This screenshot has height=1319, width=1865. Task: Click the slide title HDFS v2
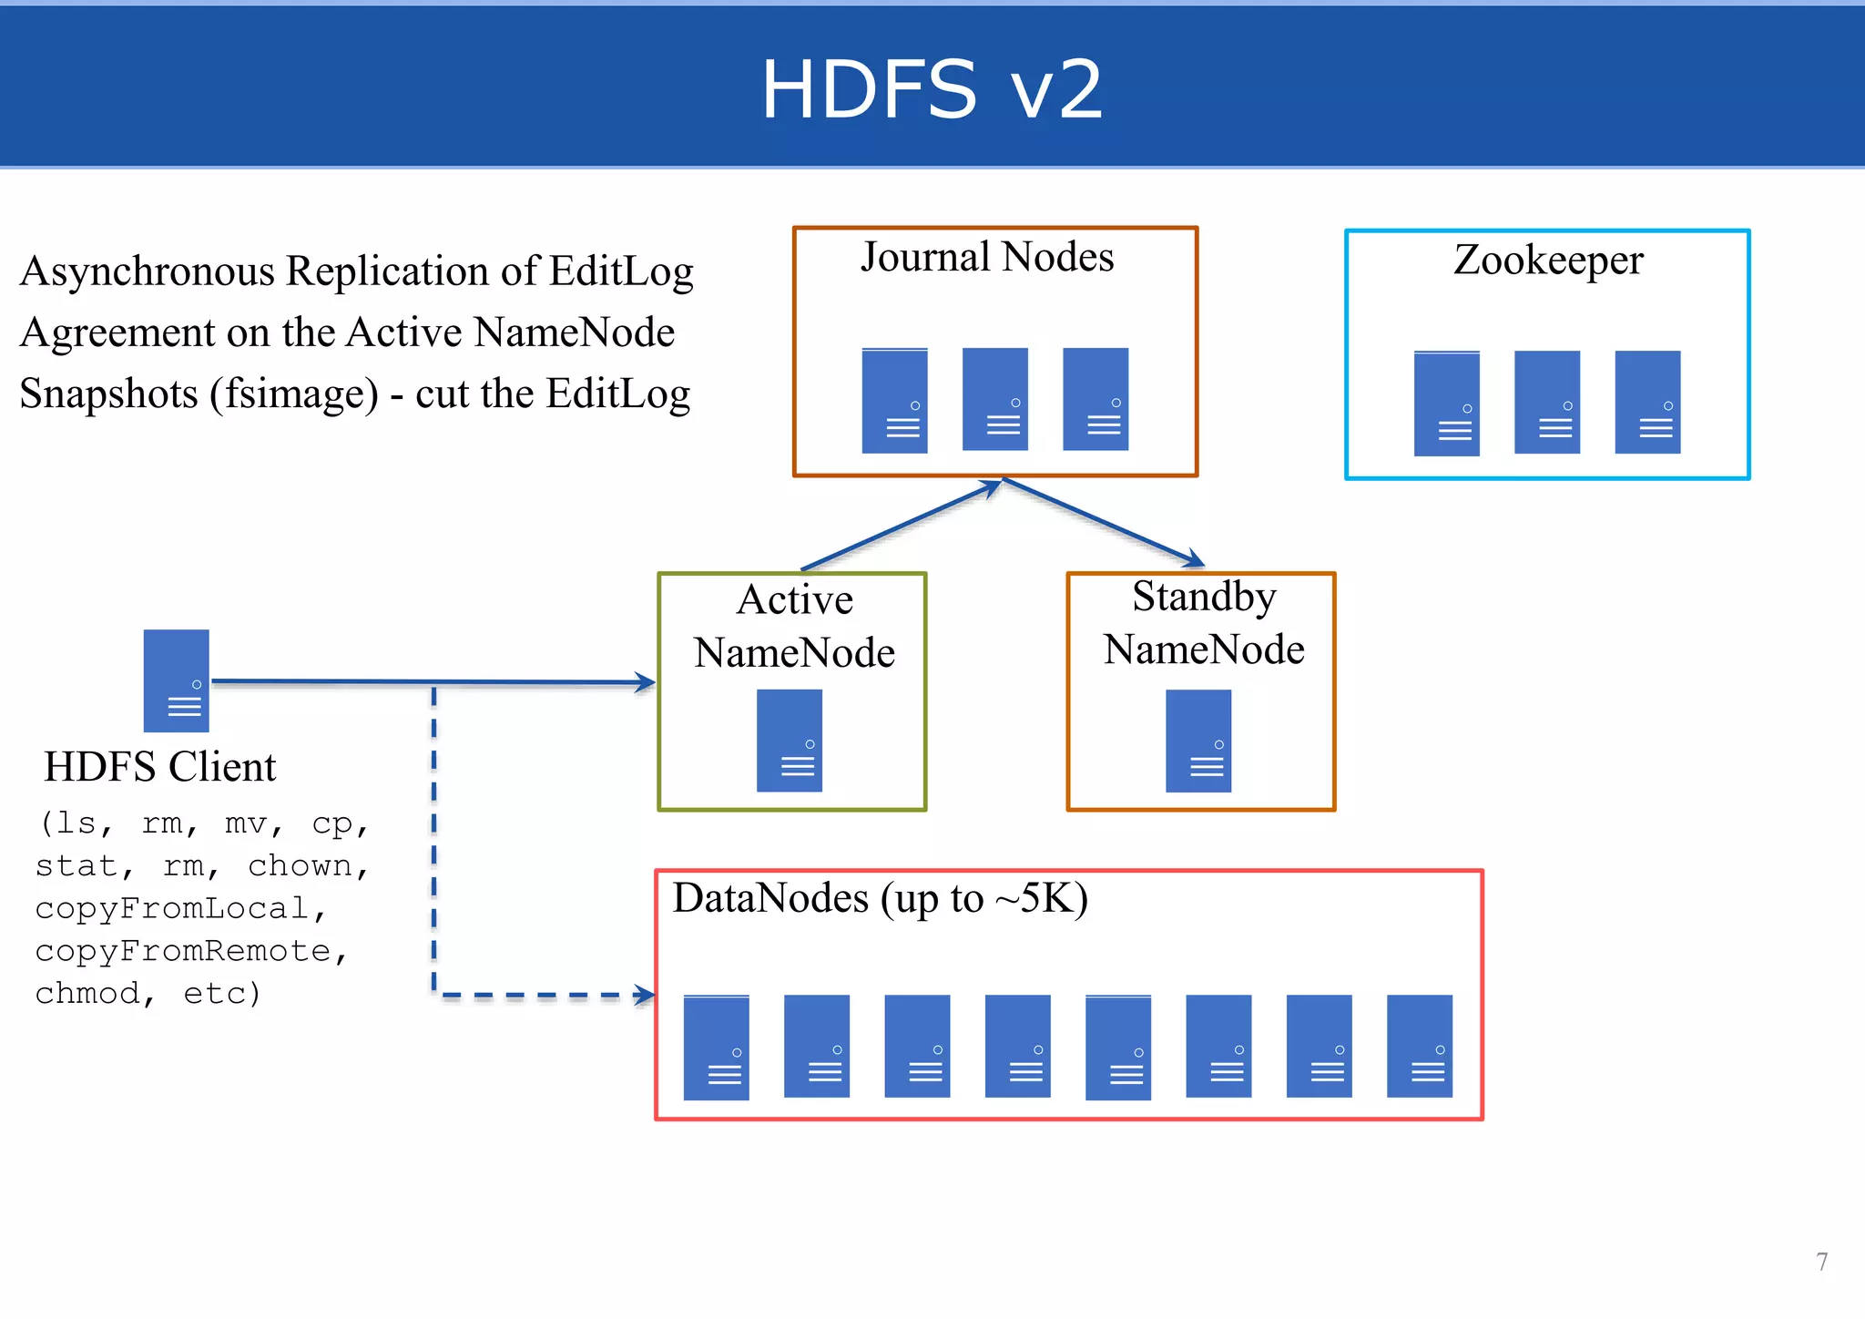(932, 89)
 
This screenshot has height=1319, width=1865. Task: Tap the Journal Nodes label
(987, 257)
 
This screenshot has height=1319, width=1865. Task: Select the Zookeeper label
(1548, 260)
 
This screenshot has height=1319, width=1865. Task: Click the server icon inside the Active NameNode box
(790, 741)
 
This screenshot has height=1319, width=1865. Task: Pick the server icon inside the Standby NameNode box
(1198, 741)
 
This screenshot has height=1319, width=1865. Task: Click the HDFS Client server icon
(177, 680)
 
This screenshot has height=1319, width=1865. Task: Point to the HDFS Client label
(159, 766)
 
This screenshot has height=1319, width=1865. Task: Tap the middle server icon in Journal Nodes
(995, 399)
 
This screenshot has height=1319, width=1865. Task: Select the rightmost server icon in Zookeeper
(1647, 402)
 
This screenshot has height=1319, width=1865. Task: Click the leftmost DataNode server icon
(717, 1048)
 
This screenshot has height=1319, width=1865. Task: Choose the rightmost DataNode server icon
(1419, 1046)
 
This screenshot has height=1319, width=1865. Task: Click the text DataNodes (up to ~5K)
(880, 898)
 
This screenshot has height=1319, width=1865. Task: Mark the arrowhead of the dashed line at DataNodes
(646, 995)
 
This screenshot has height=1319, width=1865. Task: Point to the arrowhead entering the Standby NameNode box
(1195, 559)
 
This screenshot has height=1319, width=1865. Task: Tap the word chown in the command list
(300, 865)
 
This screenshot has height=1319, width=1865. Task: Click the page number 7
(1821, 1262)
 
